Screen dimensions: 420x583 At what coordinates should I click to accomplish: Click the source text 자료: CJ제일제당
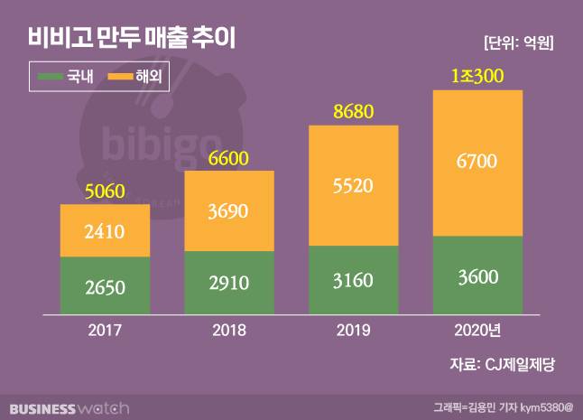point(502,365)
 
